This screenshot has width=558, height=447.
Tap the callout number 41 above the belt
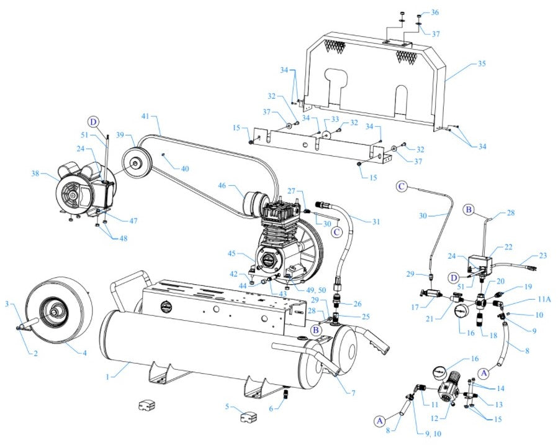(x=145, y=116)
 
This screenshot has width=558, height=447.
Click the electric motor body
(x=81, y=187)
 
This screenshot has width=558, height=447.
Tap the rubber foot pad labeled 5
(x=248, y=416)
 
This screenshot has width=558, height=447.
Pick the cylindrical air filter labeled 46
(x=256, y=203)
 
